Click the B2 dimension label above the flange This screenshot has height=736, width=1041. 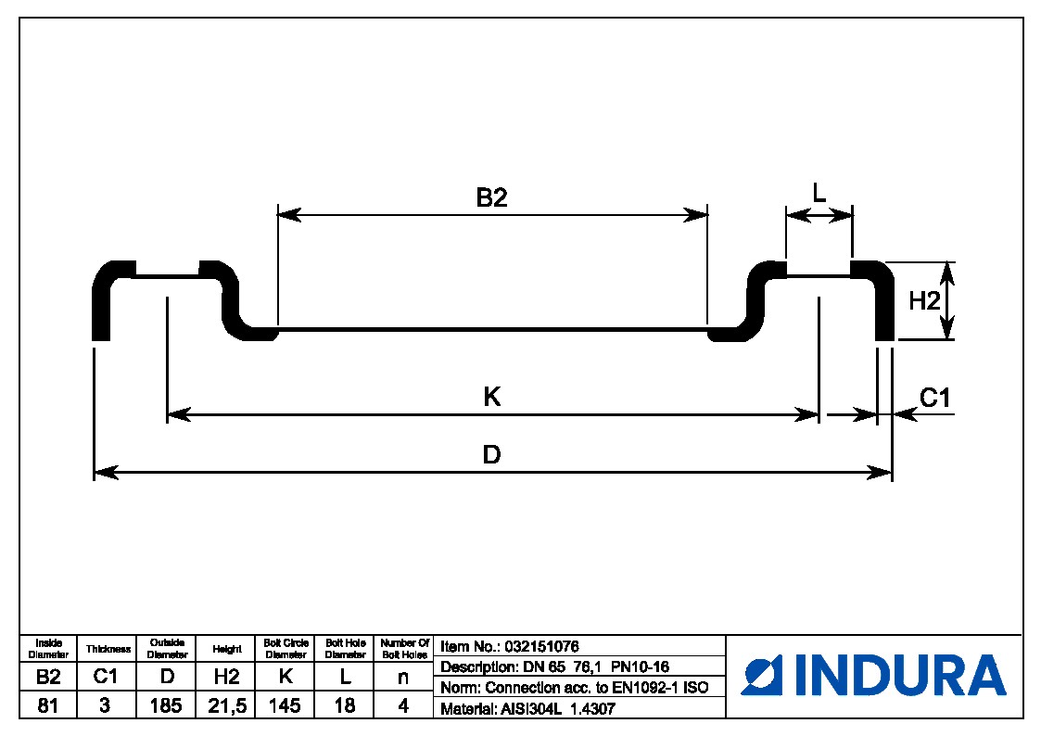tap(492, 197)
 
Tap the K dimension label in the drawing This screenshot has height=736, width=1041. tap(492, 398)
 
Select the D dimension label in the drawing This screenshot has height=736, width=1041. tap(492, 455)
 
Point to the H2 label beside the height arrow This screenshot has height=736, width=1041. tap(924, 300)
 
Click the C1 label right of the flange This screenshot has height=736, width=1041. tap(935, 398)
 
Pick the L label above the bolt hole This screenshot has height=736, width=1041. tap(819, 194)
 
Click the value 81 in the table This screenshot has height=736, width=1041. tap(47, 706)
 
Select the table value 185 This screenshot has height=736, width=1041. tap(167, 706)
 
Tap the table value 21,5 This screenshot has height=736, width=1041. tap(226, 706)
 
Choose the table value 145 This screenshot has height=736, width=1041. tap(285, 706)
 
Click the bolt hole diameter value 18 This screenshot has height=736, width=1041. tap(345, 706)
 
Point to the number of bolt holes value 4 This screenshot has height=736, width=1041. tap(403, 706)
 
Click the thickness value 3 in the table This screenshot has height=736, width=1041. tap(105, 706)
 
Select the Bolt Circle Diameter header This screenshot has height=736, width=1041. tap(285, 648)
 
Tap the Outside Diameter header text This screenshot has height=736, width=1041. tap(167, 648)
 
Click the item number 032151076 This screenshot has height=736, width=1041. tap(541, 647)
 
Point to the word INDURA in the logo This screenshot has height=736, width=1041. tap(899, 675)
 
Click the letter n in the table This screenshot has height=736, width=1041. tap(403, 678)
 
